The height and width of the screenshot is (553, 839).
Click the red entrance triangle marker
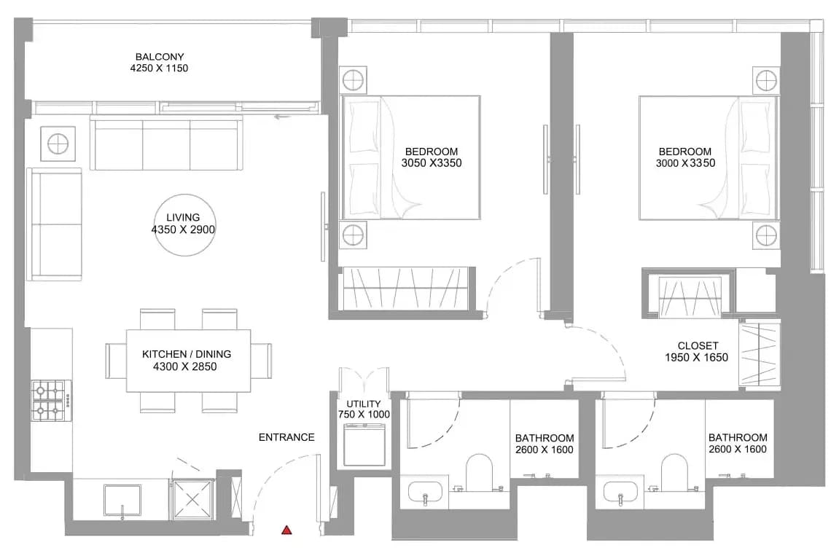pyautogui.click(x=286, y=530)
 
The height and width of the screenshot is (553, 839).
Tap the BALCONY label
pyautogui.click(x=160, y=57)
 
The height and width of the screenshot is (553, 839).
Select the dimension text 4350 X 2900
pyautogui.click(x=184, y=230)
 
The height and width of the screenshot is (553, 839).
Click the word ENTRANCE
pyautogui.click(x=286, y=437)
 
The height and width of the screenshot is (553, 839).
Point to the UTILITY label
pyautogui.click(x=364, y=404)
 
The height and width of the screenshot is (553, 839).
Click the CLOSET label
pyautogui.click(x=698, y=346)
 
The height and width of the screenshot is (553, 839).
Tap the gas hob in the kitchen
pyautogui.click(x=51, y=400)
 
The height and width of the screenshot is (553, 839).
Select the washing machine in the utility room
pyautogui.click(x=364, y=444)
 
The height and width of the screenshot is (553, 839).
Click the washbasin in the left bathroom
pyautogui.click(x=426, y=492)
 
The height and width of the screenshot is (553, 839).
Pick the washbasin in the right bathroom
pyautogui.click(x=621, y=492)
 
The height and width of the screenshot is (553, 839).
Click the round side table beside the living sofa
pyautogui.click(x=58, y=144)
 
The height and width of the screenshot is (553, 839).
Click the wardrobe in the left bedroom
pyautogui.click(x=405, y=288)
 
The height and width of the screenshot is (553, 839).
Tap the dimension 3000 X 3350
pyautogui.click(x=685, y=163)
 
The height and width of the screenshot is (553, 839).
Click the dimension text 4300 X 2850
pyautogui.click(x=184, y=367)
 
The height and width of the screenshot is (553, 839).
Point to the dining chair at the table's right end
pyautogui.click(x=261, y=361)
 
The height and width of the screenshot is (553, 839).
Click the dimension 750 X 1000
pyautogui.click(x=364, y=415)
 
